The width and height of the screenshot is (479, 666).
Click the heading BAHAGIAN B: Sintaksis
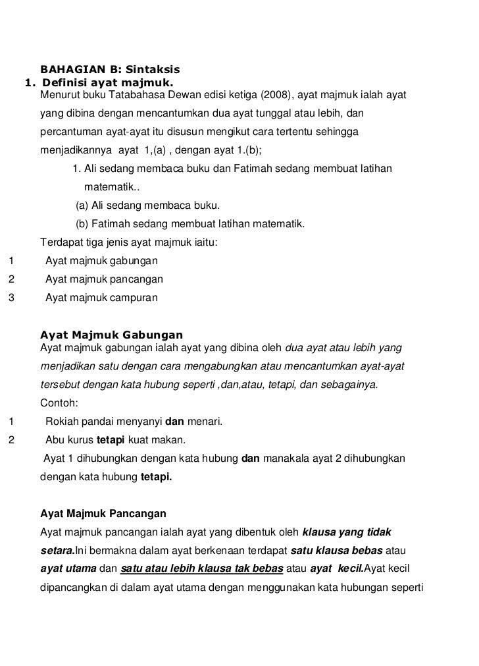pos(111,69)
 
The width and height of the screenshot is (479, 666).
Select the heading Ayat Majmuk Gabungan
pos(111,335)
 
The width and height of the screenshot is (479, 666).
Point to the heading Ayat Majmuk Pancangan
pos(103,513)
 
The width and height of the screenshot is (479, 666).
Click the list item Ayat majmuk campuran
pos(101,297)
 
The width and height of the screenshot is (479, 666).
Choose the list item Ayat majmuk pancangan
pos(104,279)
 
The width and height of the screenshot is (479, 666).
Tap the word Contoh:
pos(59,402)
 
